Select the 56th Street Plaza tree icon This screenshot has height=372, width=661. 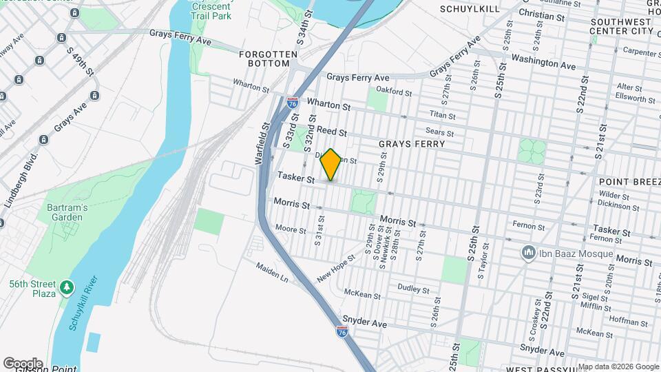[67, 286]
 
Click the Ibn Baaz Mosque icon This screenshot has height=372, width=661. [529, 253]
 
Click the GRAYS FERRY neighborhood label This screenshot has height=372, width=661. [412, 144]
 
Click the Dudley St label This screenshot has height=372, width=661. [414, 287]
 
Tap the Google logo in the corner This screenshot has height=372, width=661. [23, 363]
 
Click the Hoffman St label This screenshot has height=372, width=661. [625, 320]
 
